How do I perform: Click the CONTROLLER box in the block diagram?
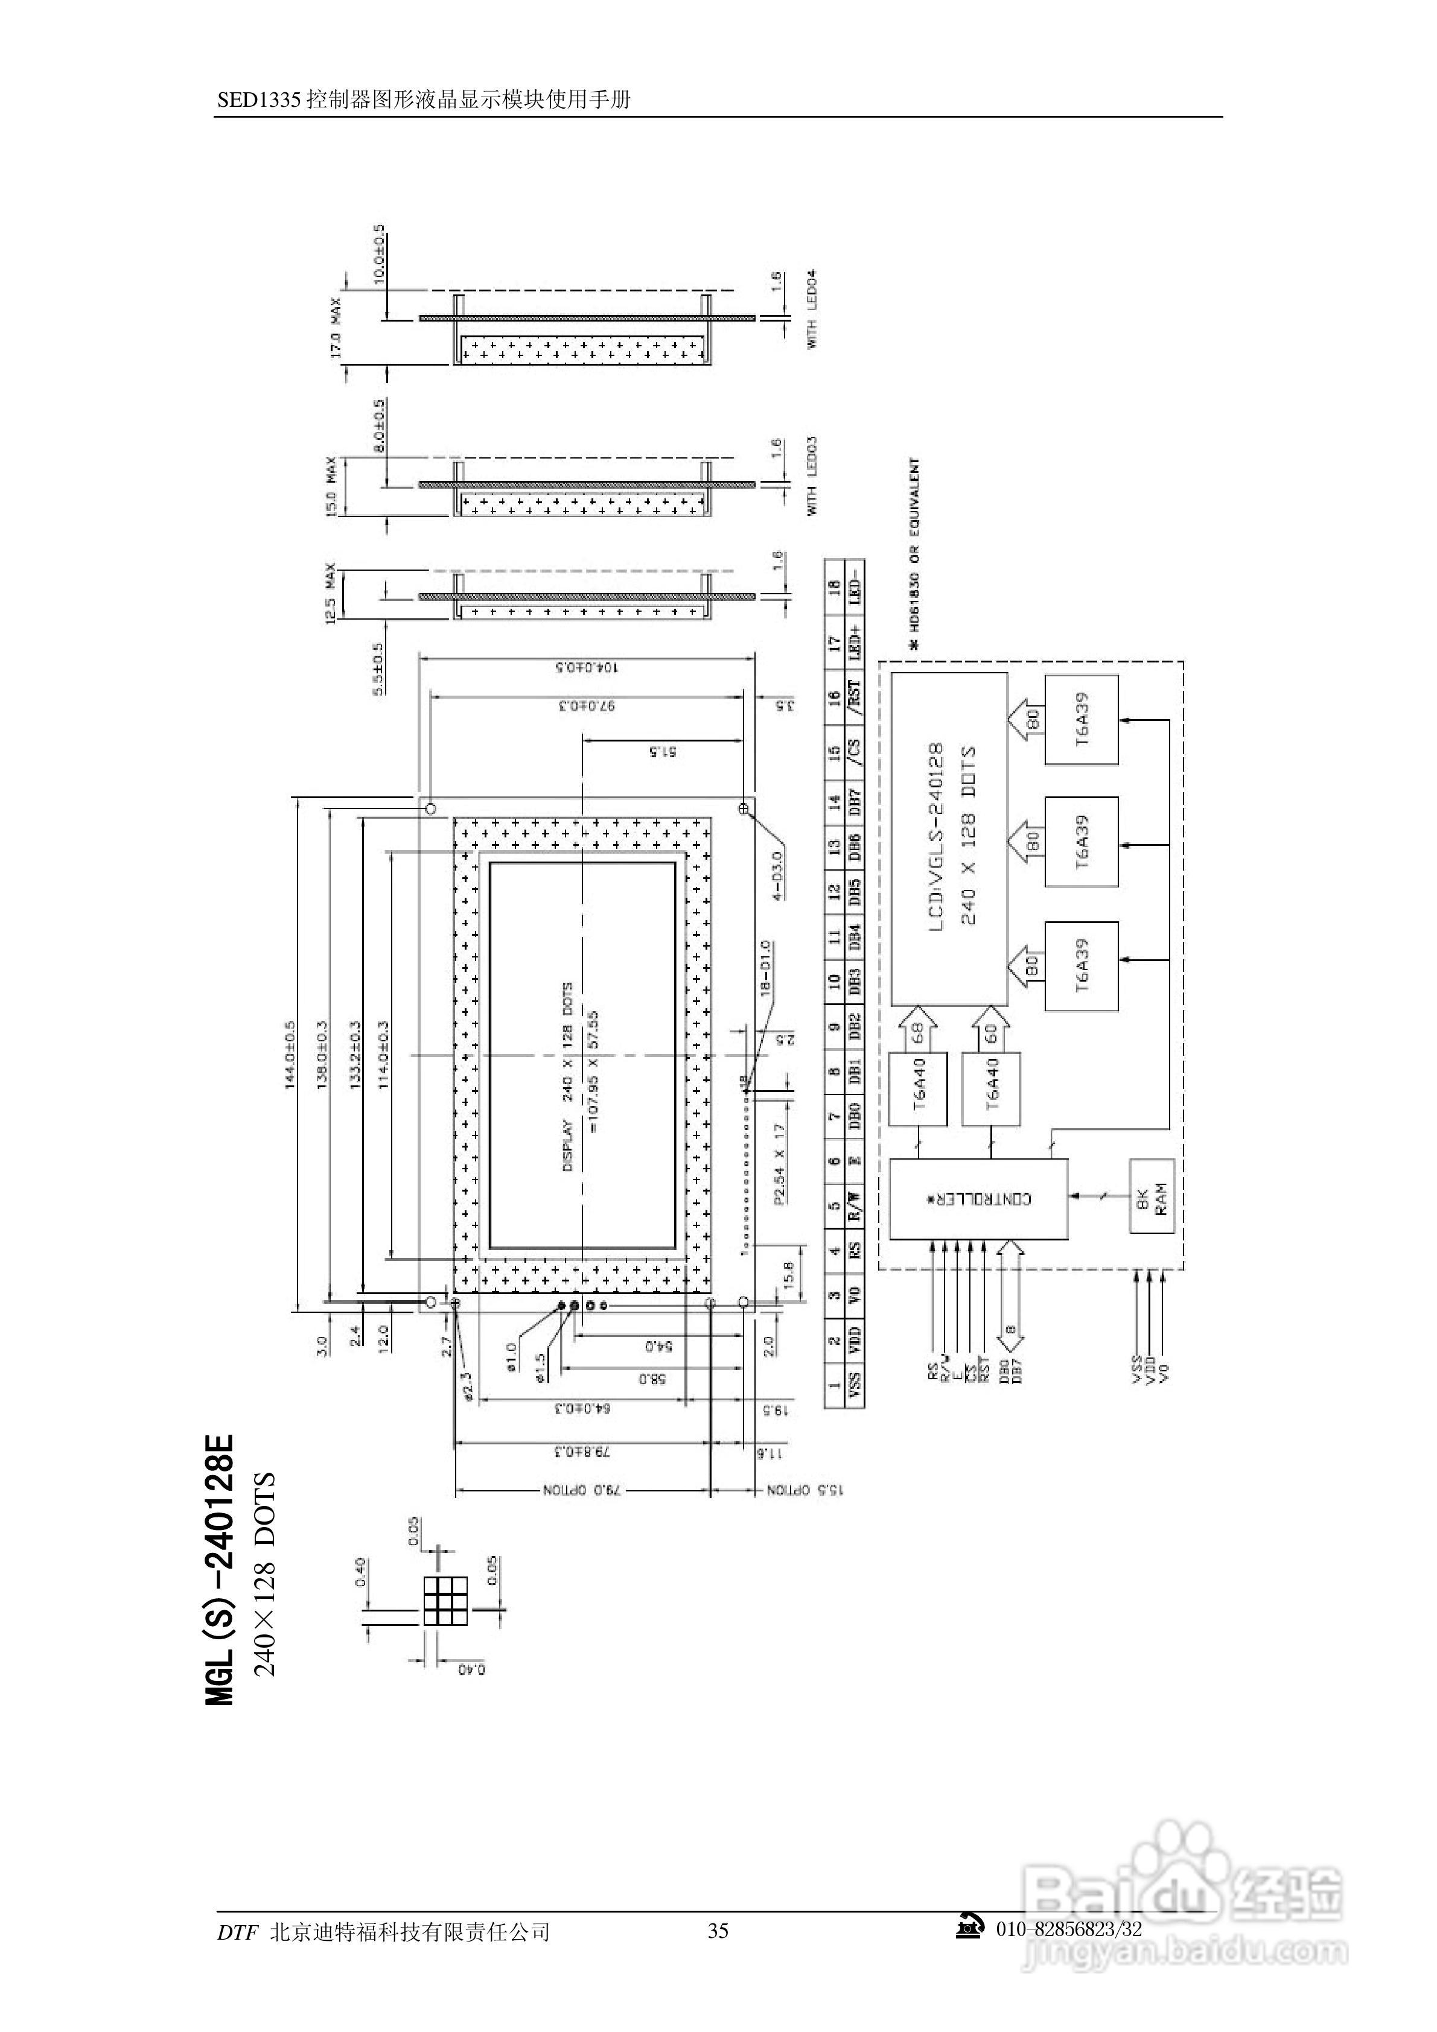(978, 1199)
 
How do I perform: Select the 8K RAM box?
(1151, 1196)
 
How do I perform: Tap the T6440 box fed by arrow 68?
(917, 1088)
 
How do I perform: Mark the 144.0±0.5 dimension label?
(290, 1055)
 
